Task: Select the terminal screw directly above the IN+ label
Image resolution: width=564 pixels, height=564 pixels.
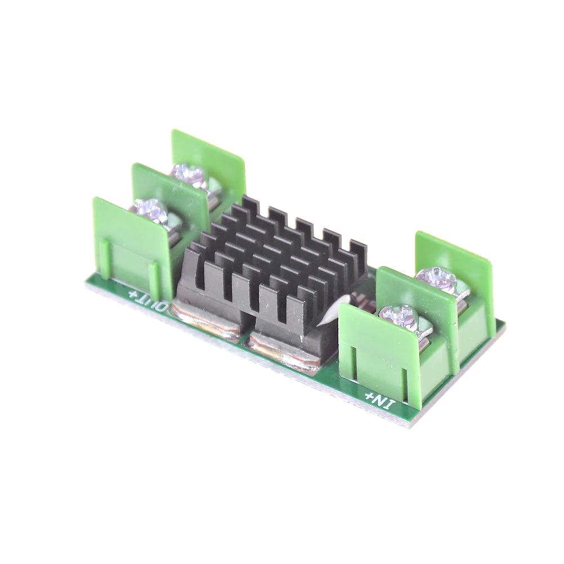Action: [x=398, y=317]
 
